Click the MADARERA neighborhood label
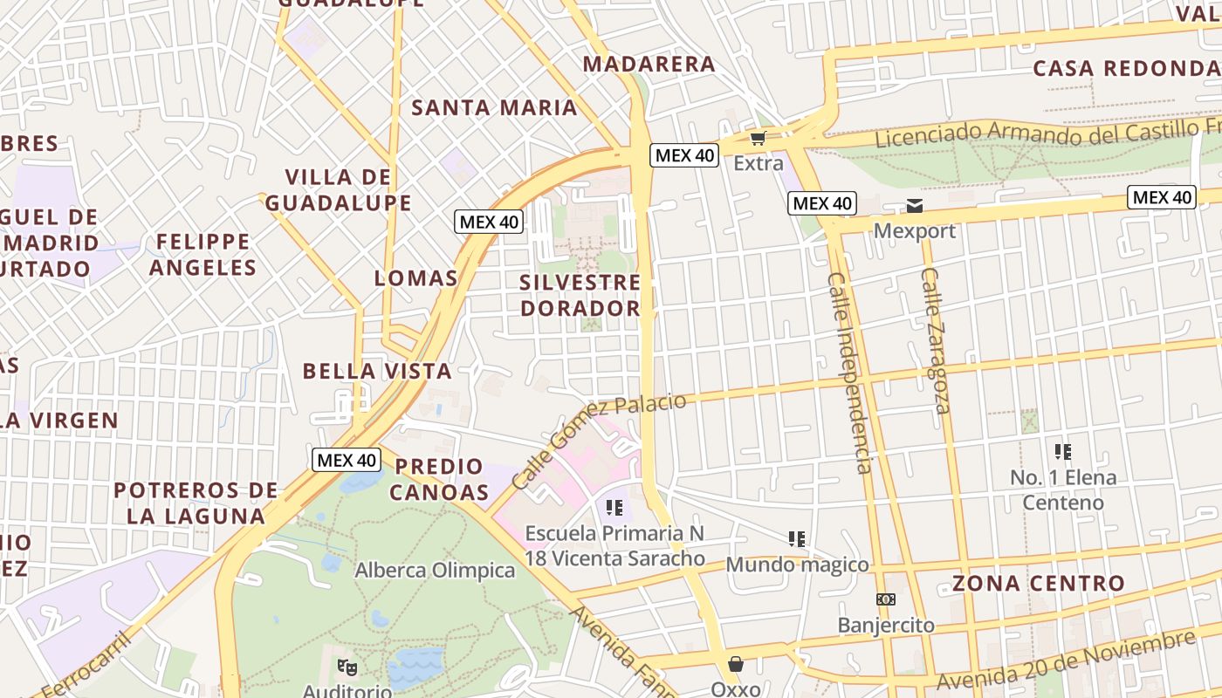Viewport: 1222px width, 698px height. coord(649,64)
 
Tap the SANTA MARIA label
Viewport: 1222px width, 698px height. coord(494,107)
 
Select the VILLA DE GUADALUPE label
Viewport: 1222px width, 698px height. coord(338,190)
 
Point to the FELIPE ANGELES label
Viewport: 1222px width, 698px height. coord(203,254)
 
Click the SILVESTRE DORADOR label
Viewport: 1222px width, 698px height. coord(580,295)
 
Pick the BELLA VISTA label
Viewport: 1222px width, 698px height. coord(377,371)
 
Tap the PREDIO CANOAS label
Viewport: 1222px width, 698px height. coord(439,479)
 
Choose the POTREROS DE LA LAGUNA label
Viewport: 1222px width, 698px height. coord(196,503)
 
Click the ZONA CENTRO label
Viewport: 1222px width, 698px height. coord(1038,583)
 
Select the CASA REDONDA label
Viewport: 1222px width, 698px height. coord(1126,68)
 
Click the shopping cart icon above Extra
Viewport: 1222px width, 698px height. coord(758,138)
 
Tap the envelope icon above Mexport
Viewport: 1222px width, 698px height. coord(915,206)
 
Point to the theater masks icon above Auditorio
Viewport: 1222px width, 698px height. coord(347,667)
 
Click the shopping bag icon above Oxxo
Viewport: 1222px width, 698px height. coord(736,665)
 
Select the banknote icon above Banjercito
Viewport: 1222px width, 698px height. coord(886,599)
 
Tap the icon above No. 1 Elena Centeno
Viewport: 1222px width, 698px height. coord(1062,451)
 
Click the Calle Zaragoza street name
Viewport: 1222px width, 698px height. coord(935,340)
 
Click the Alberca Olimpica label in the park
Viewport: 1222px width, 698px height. coord(435,571)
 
